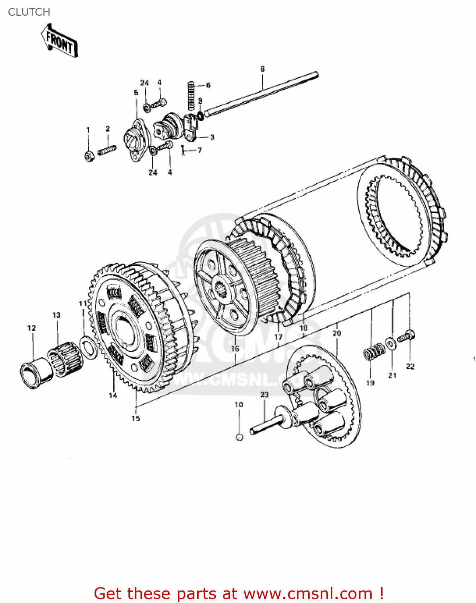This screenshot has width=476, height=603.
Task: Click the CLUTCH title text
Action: [x=29, y=12]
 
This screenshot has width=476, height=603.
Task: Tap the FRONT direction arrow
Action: [x=59, y=42]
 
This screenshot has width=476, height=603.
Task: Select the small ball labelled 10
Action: [x=239, y=437]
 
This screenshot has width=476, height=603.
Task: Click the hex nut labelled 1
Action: [x=89, y=156]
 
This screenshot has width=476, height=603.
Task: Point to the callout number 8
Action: [x=262, y=69]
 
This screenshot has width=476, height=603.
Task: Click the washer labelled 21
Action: [x=390, y=343]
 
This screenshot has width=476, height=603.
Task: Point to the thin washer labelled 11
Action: [x=88, y=348]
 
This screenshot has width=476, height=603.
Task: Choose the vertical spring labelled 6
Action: [x=191, y=96]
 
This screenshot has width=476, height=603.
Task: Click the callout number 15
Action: [x=136, y=418]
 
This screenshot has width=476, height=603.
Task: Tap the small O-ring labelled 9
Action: [x=200, y=115]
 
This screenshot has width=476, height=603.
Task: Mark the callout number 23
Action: [x=264, y=395]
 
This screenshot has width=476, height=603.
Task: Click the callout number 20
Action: [x=337, y=333]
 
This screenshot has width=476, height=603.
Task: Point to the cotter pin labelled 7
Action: [x=183, y=150]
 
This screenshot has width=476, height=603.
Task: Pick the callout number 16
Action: [x=235, y=349]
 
